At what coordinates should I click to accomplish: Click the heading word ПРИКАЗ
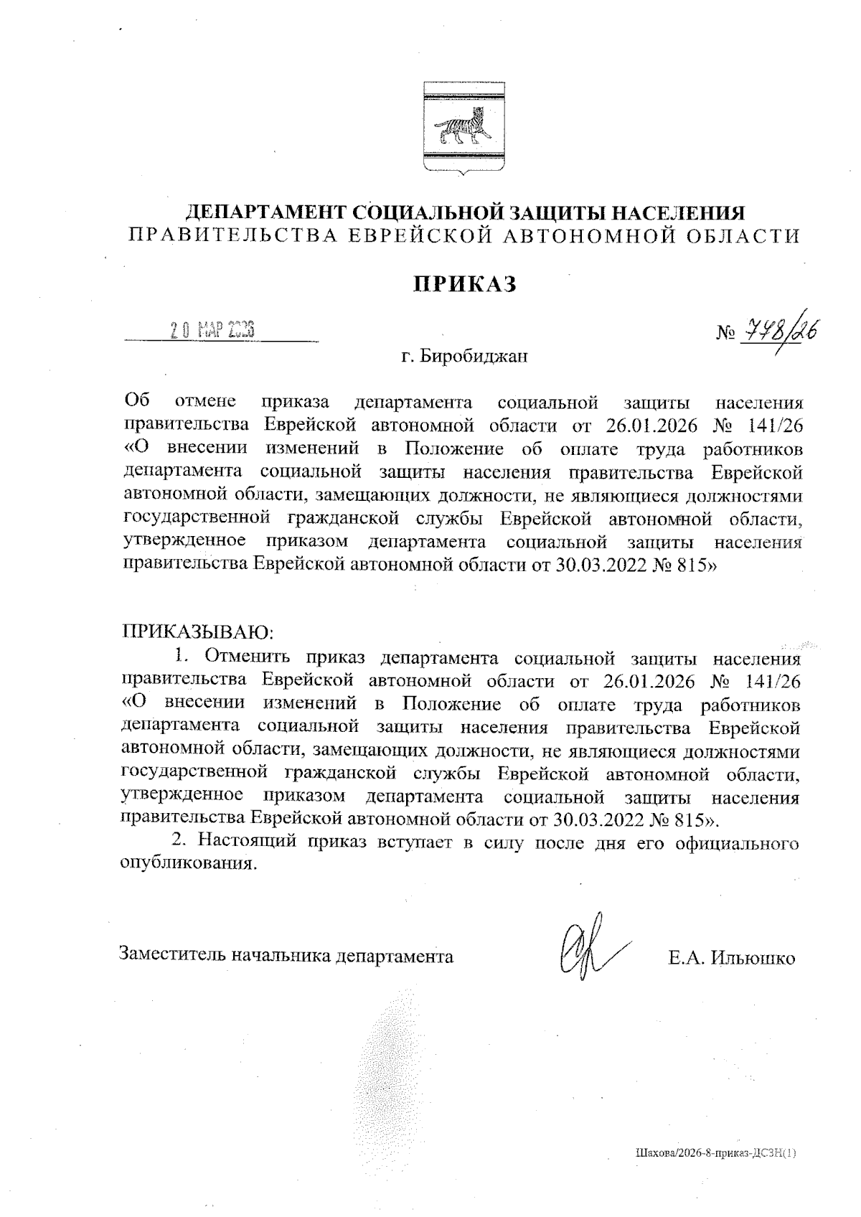(465, 284)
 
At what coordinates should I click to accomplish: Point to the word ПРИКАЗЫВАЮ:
(199, 631)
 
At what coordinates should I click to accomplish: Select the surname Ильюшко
(752, 958)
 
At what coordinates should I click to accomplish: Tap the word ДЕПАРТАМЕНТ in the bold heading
(267, 214)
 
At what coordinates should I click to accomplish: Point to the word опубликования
(187, 863)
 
